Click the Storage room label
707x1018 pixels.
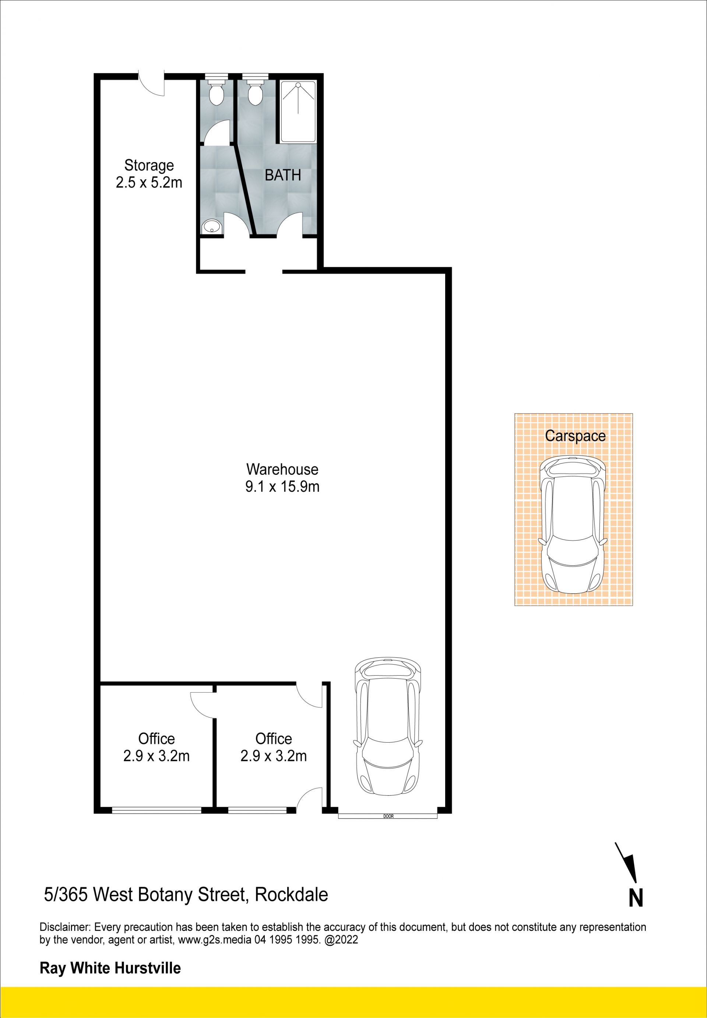[x=149, y=165]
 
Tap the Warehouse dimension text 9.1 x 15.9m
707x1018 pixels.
[x=282, y=487]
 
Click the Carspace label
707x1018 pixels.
[x=575, y=436]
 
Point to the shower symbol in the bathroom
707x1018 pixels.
[x=298, y=112]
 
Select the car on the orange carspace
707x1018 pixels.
[x=572, y=525]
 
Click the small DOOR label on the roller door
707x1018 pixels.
[x=388, y=816]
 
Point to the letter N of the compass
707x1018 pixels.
[x=636, y=898]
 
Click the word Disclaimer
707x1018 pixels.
[x=65, y=927]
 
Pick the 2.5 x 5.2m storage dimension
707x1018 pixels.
[x=149, y=183]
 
